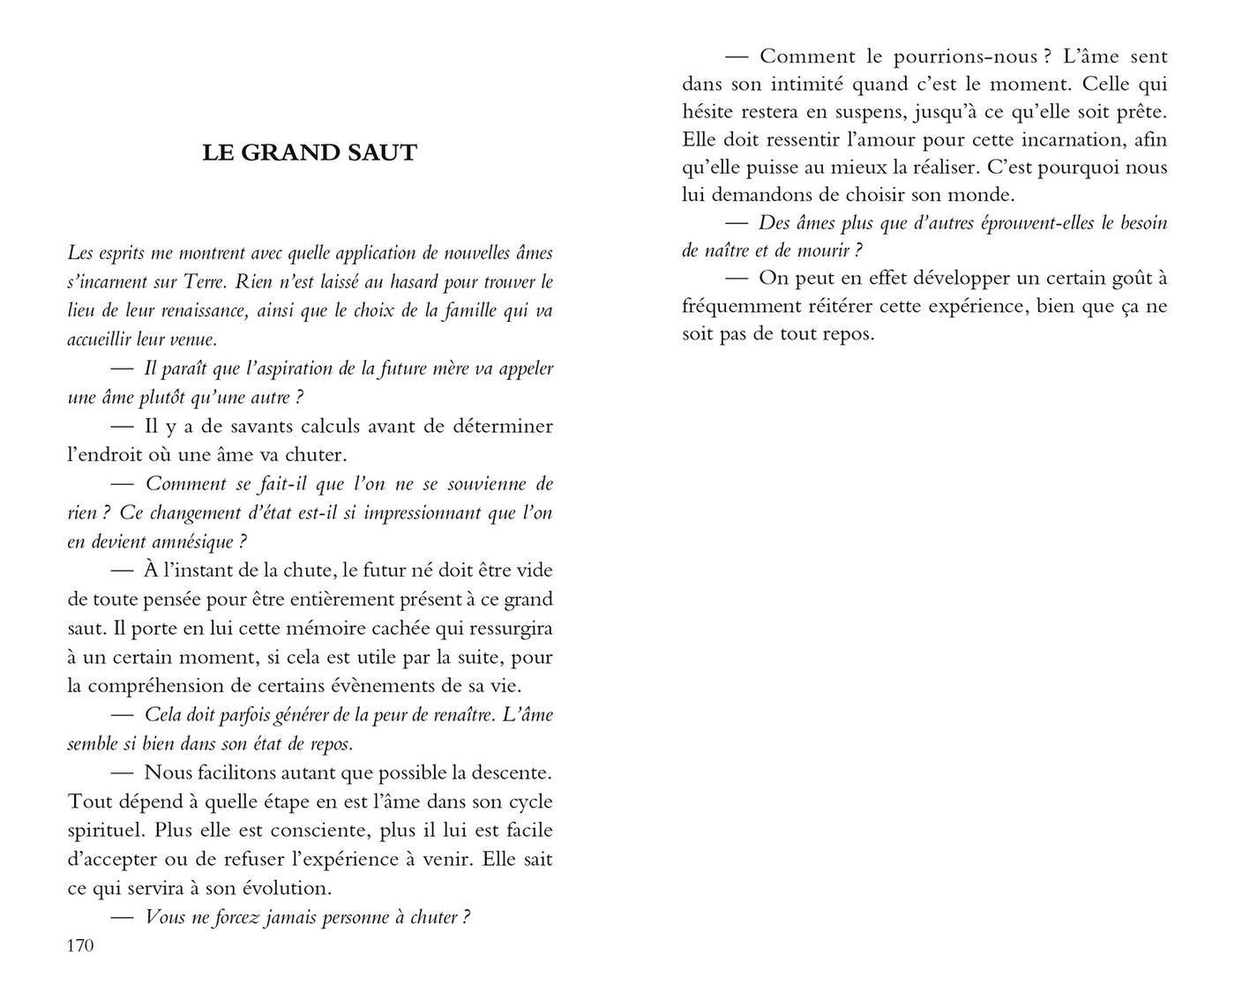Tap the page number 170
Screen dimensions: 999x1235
tap(80, 946)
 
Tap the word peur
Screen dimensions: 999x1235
tap(363, 715)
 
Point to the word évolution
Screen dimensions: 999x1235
tap(281, 888)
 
